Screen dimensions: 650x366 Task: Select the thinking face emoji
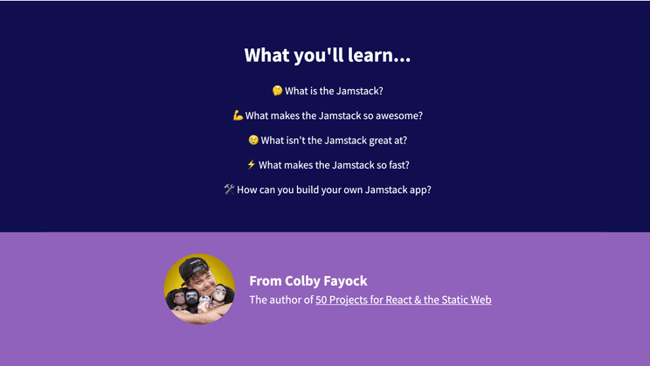[277, 90]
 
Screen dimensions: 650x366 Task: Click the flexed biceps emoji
[238, 115]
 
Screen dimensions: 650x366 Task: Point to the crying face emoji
[253, 140]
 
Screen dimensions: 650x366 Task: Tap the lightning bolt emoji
[252, 164]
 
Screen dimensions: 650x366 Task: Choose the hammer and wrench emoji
[229, 189]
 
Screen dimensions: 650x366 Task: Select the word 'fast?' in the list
[398, 165]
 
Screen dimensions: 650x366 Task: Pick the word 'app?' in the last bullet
[421, 190]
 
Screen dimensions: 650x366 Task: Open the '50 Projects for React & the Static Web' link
[404, 300]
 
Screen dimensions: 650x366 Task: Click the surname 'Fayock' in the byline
[345, 281]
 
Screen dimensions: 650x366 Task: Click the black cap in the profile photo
[192, 266]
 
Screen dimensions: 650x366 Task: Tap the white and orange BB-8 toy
[204, 305]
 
